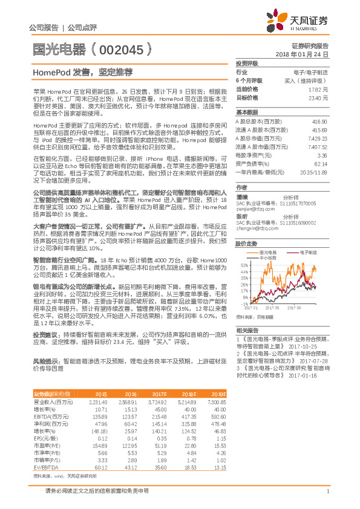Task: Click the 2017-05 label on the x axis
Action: click(281, 308)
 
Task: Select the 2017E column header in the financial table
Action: click(160, 376)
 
